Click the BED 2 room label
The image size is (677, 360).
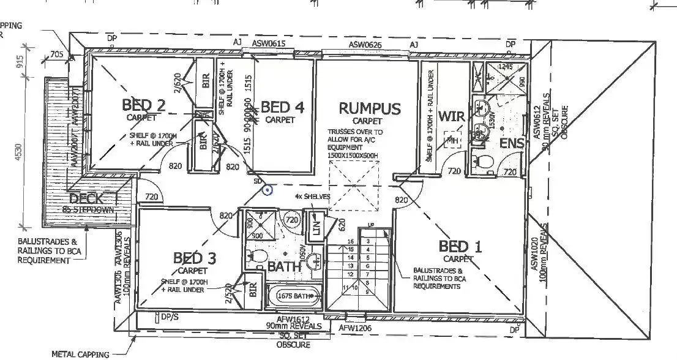click(144, 105)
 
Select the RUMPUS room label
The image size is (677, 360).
click(370, 110)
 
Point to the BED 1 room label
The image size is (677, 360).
click(460, 247)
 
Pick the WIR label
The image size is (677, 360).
click(451, 117)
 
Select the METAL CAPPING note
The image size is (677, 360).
click(80, 354)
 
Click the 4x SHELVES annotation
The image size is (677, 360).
click(312, 196)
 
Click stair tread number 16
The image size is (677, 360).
click(351, 242)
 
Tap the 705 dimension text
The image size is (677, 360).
click(56, 55)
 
